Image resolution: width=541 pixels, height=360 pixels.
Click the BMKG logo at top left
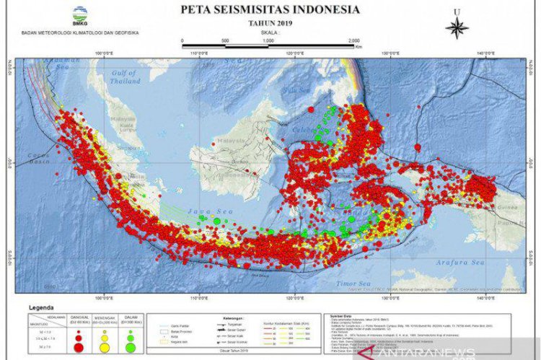click(x=80, y=14)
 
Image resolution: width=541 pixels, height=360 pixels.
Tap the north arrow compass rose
click(x=457, y=27)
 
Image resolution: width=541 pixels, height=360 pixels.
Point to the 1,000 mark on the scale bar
click(x=268, y=41)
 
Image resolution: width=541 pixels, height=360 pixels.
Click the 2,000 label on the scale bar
click(x=353, y=41)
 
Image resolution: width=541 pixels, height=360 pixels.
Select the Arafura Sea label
click(x=459, y=263)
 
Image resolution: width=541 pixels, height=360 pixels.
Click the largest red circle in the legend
click(x=77, y=348)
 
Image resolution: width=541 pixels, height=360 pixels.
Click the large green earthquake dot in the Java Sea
click(x=216, y=220)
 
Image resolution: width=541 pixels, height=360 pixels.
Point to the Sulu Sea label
click(x=290, y=90)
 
